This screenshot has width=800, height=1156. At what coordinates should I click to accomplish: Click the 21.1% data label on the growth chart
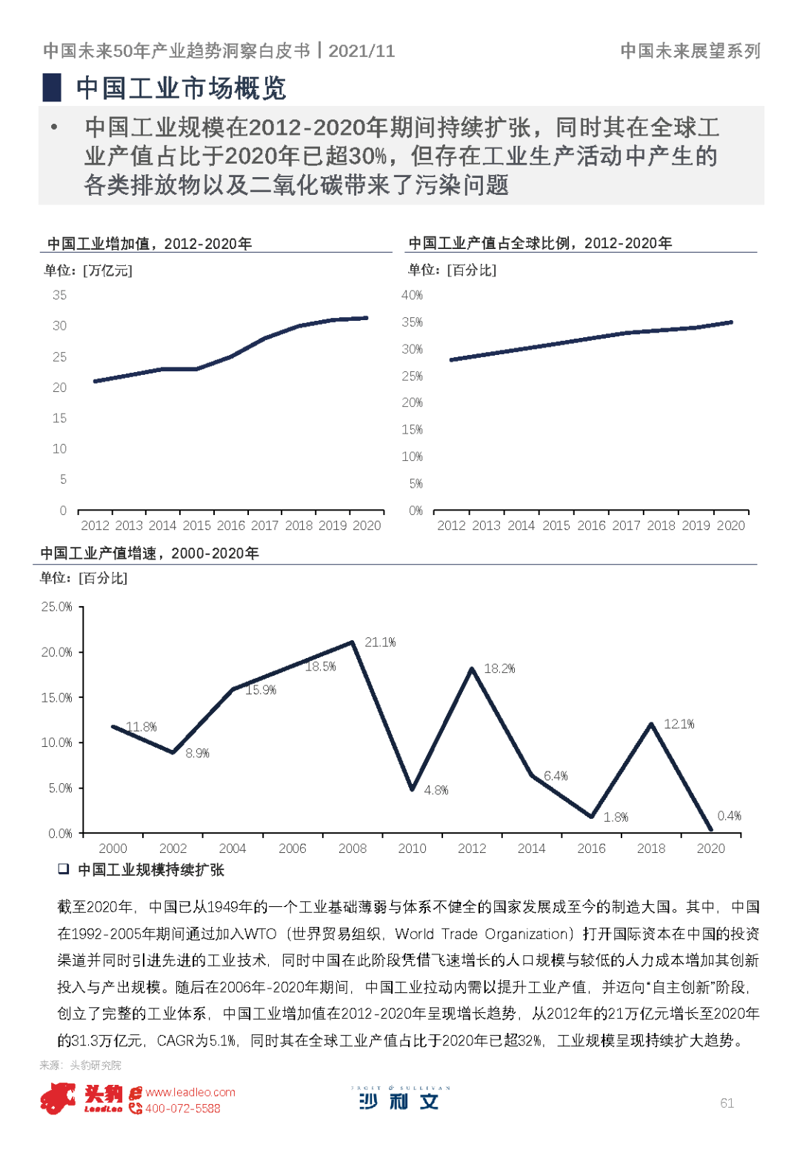tap(380, 642)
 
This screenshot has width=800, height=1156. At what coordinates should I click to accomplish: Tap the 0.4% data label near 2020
tap(729, 816)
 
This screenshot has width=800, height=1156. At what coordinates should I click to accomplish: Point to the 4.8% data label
tap(436, 791)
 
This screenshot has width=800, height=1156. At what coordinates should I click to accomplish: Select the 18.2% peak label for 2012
tap(499, 668)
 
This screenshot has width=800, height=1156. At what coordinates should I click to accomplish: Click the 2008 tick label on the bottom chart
tap(353, 848)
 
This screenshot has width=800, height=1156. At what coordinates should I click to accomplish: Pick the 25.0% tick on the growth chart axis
tap(57, 607)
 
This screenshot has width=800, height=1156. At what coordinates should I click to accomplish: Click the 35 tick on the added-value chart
tap(59, 295)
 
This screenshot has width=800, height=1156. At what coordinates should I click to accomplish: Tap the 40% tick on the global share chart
tap(412, 295)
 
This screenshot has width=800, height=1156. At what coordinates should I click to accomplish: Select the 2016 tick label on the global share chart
tap(591, 525)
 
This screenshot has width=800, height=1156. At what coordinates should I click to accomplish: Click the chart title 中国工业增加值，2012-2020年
tap(150, 244)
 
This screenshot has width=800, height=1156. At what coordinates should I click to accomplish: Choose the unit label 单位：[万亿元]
tap(88, 270)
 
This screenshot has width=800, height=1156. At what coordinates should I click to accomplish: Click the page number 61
tap(727, 1103)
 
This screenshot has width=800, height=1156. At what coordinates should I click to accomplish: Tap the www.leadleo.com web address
tap(190, 1092)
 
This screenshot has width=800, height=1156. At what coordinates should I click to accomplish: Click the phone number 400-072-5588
tap(183, 1109)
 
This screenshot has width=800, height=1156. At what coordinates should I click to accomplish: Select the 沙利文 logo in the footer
tap(399, 1100)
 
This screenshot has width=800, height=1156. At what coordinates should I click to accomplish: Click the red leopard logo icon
tap(58, 1098)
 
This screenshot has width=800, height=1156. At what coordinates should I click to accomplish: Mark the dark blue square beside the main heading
tap(52, 87)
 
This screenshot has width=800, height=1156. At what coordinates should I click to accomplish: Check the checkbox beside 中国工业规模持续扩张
tap(64, 869)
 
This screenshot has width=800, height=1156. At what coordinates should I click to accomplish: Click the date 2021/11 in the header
tap(361, 50)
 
